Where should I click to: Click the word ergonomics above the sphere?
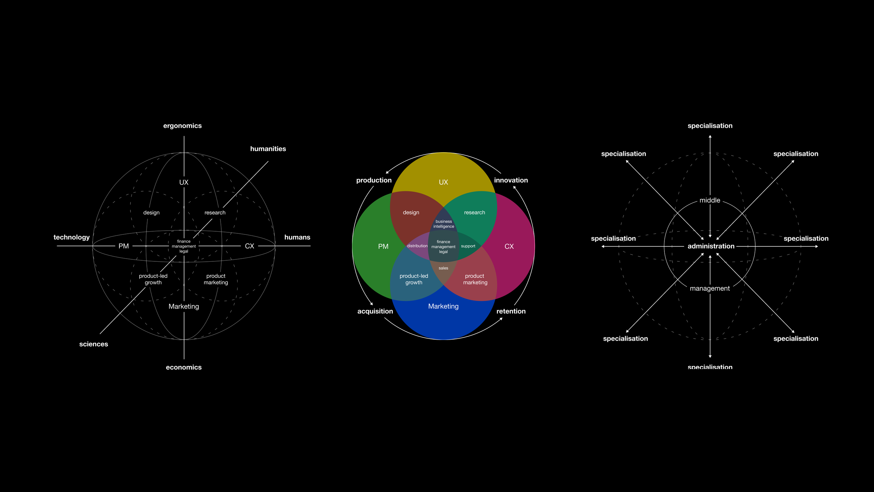tap(182, 126)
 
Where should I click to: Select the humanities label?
tap(268, 149)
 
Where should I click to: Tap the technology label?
tap(71, 237)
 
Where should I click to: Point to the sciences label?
tap(94, 344)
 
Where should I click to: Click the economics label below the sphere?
tap(184, 367)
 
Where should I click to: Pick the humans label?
tap(297, 237)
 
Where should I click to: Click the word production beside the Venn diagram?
tap(374, 180)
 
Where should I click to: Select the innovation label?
tap(511, 180)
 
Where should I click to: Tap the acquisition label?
tap(375, 311)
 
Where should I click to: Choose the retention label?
tap(511, 311)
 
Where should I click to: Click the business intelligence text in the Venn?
tap(443, 224)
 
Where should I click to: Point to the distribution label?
tap(417, 246)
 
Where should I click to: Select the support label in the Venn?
tap(468, 246)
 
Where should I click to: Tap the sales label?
tap(443, 268)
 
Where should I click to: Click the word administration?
tap(711, 246)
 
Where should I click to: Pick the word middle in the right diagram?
tap(710, 200)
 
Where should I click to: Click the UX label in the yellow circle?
tap(443, 182)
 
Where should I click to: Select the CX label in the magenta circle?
tap(509, 246)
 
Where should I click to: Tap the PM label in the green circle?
tap(383, 246)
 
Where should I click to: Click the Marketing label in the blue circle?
tap(443, 306)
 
